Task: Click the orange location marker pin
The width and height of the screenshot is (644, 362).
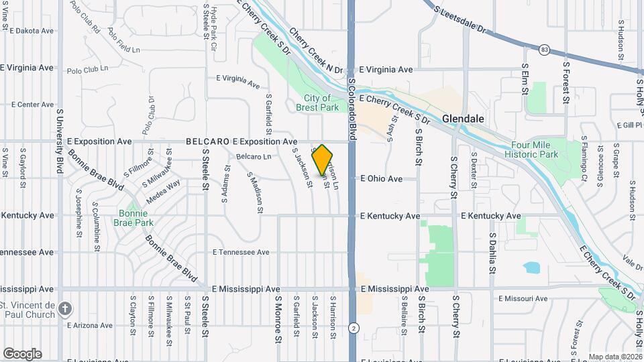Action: tap(323, 160)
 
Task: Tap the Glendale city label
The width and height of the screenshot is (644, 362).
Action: tap(463, 119)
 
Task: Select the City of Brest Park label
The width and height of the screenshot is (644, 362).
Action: tap(317, 103)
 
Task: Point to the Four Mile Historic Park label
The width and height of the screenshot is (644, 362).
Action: tap(534, 149)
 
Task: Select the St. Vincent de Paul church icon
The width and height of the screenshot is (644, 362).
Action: tap(64, 308)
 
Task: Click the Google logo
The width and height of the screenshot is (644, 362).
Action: tap(22, 353)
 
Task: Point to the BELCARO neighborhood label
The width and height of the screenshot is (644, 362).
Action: tap(207, 141)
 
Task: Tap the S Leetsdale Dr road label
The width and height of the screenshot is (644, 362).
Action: tap(460, 20)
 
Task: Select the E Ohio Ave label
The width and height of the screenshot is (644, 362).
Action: tap(381, 179)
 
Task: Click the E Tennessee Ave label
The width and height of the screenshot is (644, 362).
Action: tap(241, 253)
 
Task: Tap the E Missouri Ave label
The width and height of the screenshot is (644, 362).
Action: tap(523, 298)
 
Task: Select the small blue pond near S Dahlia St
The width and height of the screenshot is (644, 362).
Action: tap(531, 267)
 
